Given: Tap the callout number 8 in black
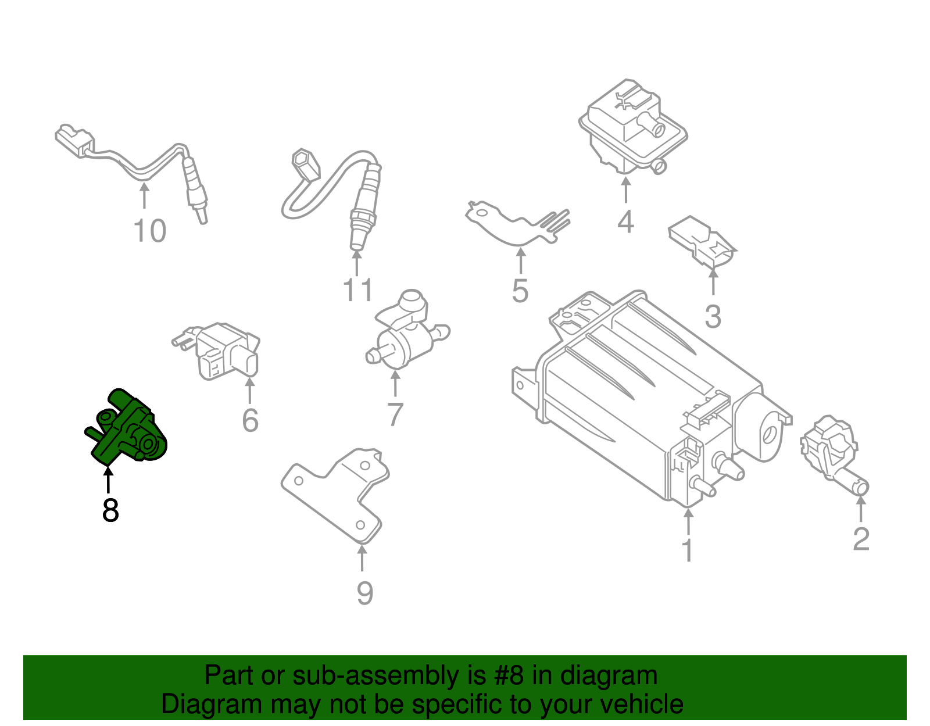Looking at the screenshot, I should point(110,510).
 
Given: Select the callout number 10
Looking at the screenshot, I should point(150,231).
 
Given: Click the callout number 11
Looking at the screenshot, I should point(357,291).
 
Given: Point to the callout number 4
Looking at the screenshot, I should point(625,222).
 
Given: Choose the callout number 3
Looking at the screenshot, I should point(713,317).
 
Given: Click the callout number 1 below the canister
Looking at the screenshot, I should point(688,550).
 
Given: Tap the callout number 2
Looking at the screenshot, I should point(861,539).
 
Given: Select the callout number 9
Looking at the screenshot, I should point(364,593).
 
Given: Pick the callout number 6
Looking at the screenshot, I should point(250,420).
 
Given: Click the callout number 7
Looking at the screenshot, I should point(395,414).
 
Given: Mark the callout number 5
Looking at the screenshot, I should point(520,291).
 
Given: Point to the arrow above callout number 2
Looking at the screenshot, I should point(861,508).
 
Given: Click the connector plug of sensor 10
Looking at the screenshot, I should point(74,140).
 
